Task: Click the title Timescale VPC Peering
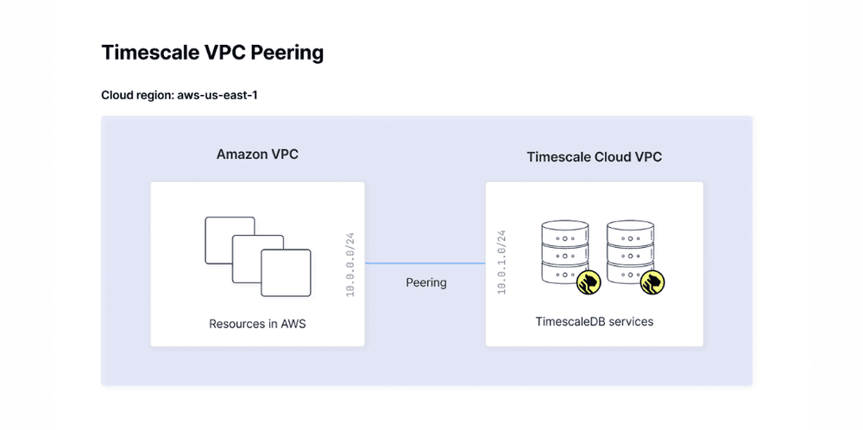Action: pos(212,53)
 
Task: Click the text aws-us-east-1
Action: pos(217,95)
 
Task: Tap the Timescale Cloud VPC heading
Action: pos(594,157)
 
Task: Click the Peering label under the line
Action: pos(426,282)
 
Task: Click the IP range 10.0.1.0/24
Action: pos(501,263)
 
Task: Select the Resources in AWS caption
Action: pos(257,325)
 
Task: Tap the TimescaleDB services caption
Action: pos(594,321)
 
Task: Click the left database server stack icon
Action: pos(564,250)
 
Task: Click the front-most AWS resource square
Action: pos(286,274)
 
